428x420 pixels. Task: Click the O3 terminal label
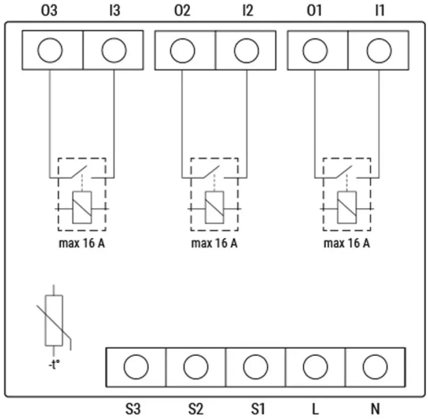click(x=49, y=10)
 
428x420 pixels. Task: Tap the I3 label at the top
click(x=115, y=10)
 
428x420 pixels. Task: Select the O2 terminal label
click(x=182, y=10)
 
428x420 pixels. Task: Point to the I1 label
click(x=380, y=10)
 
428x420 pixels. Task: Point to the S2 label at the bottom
click(x=196, y=409)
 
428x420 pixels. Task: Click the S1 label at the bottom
click(x=258, y=409)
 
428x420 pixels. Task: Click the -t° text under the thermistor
click(x=54, y=364)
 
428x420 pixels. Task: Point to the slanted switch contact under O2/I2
click(x=211, y=172)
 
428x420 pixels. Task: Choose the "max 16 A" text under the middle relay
click(x=214, y=243)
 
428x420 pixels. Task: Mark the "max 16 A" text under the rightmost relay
click(x=347, y=243)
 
